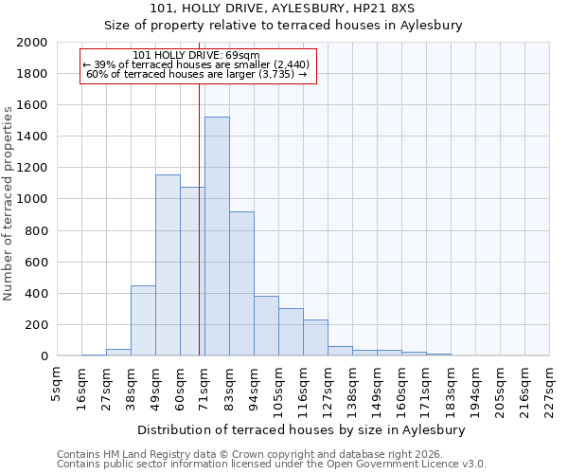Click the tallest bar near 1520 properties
point(217,236)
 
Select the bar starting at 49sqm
point(168,265)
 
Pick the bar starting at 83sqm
point(241,283)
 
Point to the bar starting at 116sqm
point(315,337)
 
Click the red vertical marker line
point(199,218)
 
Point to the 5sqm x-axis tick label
point(57,381)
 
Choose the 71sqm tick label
point(204,384)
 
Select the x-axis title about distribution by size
point(307,429)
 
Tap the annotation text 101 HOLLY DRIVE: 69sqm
point(197,55)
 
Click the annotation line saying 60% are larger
point(197,74)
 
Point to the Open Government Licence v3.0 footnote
point(272,465)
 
